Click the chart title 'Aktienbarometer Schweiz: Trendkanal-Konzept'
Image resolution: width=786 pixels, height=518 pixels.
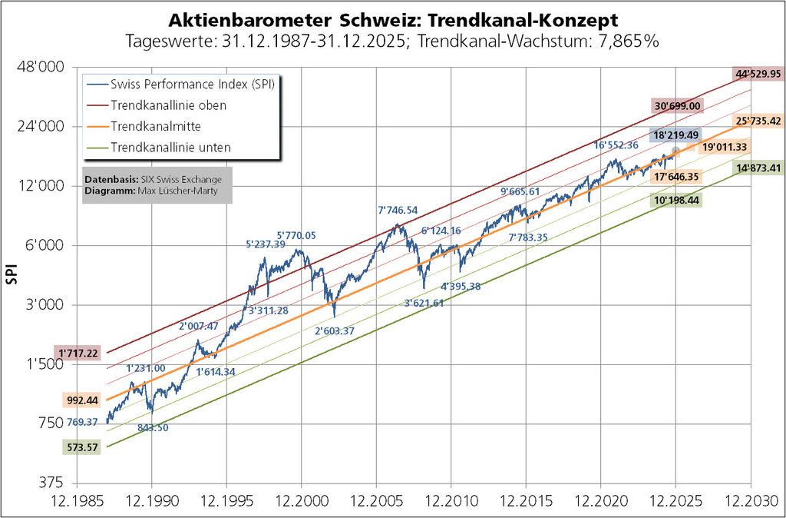point(392,18)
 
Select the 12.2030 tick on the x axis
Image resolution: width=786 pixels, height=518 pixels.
point(750,502)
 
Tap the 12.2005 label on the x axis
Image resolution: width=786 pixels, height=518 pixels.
point(376,502)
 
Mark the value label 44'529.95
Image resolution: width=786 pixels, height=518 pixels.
point(758,75)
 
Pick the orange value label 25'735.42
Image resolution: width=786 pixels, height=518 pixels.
point(758,121)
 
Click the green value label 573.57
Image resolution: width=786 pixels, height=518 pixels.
point(80,447)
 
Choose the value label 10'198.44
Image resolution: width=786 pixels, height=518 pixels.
point(676,200)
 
